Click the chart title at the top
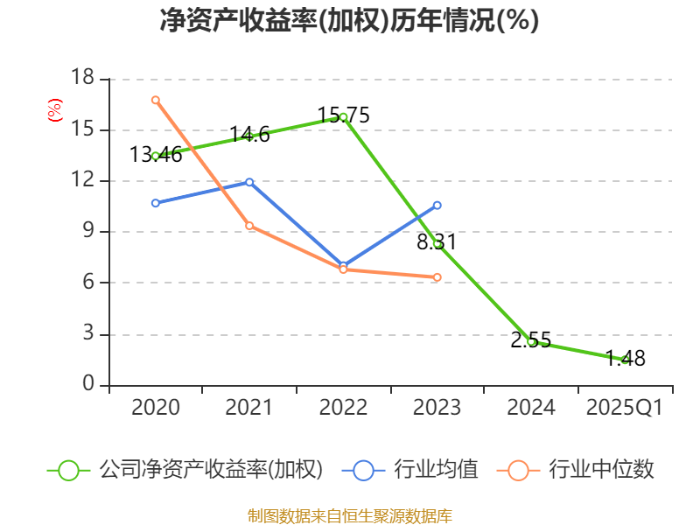[x=349, y=21]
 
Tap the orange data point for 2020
[x=155, y=100]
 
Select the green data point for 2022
[x=343, y=116]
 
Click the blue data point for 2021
[x=249, y=182]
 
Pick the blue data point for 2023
[x=437, y=205]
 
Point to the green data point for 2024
[x=531, y=341]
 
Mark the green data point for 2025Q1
[x=625, y=360]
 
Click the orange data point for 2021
[x=249, y=226]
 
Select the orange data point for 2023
[x=437, y=277]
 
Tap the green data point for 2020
[x=155, y=156]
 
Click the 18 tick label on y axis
[x=82, y=79]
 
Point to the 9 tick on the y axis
[x=88, y=232]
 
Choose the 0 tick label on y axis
[x=88, y=385]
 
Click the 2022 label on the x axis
[x=343, y=408]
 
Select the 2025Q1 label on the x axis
[x=624, y=408]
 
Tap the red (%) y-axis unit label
[x=54, y=111]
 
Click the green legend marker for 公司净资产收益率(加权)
[x=69, y=470]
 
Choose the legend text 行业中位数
[x=601, y=470]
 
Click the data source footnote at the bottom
[x=349, y=515]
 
